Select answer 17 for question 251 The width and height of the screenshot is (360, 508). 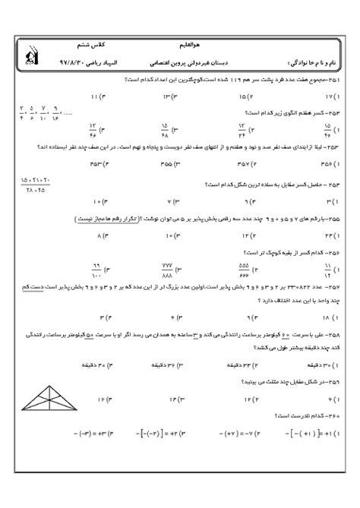[330, 96]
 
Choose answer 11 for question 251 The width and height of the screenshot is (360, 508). [95, 96]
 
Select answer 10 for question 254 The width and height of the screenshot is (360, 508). [96, 202]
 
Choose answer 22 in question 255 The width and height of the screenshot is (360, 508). [328, 235]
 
